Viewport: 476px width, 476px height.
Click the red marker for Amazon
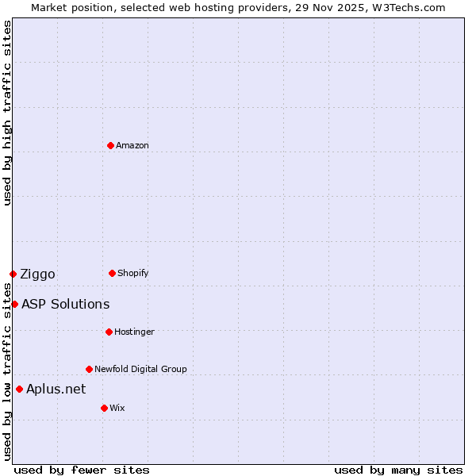[x=110, y=145]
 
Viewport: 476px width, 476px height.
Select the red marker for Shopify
[x=112, y=273]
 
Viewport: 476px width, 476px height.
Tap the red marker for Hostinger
[x=109, y=332]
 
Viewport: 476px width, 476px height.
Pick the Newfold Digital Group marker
[x=89, y=369]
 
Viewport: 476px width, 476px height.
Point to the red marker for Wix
[x=104, y=408]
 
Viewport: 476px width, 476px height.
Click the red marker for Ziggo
[x=13, y=274]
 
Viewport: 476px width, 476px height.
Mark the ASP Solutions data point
[x=14, y=304]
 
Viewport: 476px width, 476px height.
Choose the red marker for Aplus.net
[x=19, y=389]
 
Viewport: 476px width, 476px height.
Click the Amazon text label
[x=132, y=145]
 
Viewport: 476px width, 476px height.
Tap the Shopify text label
[x=133, y=273]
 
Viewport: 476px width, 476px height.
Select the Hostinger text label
[x=134, y=332]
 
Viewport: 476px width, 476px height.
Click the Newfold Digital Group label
[x=140, y=369]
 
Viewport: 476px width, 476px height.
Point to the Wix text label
[x=117, y=408]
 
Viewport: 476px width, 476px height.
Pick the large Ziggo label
[x=38, y=274]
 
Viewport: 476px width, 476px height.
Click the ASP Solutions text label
[x=66, y=304]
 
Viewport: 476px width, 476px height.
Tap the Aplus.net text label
[x=56, y=389]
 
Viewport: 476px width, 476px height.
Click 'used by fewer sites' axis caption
[x=82, y=470]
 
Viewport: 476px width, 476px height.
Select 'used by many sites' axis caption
[x=398, y=470]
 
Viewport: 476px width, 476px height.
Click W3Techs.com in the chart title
[x=409, y=7]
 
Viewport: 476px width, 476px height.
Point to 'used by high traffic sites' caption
[x=7, y=113]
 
